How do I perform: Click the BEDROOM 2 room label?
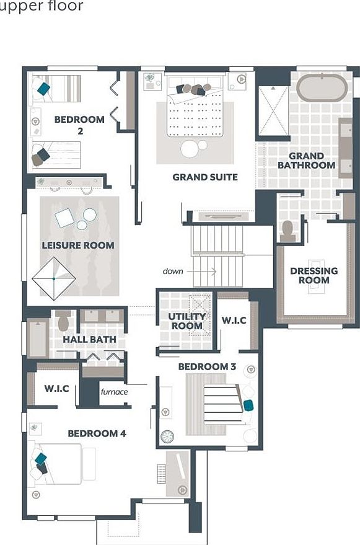79,125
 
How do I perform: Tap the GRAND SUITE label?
204,177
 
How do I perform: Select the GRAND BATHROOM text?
306,161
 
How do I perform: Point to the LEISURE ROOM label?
78,246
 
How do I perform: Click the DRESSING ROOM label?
314,275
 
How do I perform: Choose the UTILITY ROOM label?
187,321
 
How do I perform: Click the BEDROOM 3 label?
207,366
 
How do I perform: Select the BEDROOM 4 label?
97,433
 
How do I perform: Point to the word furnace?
114,392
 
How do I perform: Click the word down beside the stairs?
173,271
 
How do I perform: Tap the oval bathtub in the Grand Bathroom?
322,88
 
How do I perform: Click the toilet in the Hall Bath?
63,322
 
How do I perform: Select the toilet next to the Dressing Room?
288,230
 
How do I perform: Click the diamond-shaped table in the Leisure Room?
54,278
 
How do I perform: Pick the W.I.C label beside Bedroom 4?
60,389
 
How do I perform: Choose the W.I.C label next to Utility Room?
234,321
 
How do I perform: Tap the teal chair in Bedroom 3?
248,405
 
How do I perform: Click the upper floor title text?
41,7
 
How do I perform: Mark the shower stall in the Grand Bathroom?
273,110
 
